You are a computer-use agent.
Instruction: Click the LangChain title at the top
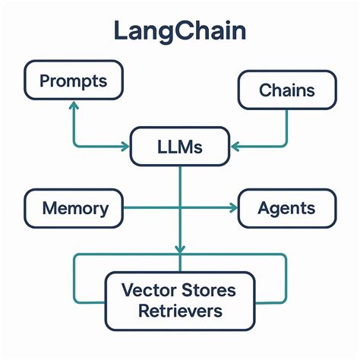[180, 31]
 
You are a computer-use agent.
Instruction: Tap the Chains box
[287, 91]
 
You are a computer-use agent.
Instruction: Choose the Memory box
[74, 208]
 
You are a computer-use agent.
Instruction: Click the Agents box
[286, 208]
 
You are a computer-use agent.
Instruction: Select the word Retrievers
[180, 310]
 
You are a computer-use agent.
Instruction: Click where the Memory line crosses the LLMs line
[180, 208]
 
